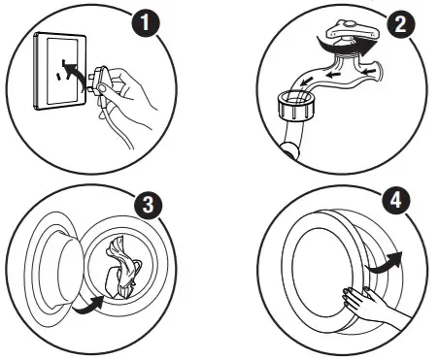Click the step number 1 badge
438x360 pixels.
(146, 22)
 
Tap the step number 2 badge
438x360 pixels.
(401, 23)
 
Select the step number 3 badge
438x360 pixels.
(148, 205)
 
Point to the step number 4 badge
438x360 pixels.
(396, 200)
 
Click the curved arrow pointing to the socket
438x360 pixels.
(73, 74)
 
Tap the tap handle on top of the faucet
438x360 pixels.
(353, 29)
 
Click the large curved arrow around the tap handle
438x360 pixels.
(346, 48)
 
